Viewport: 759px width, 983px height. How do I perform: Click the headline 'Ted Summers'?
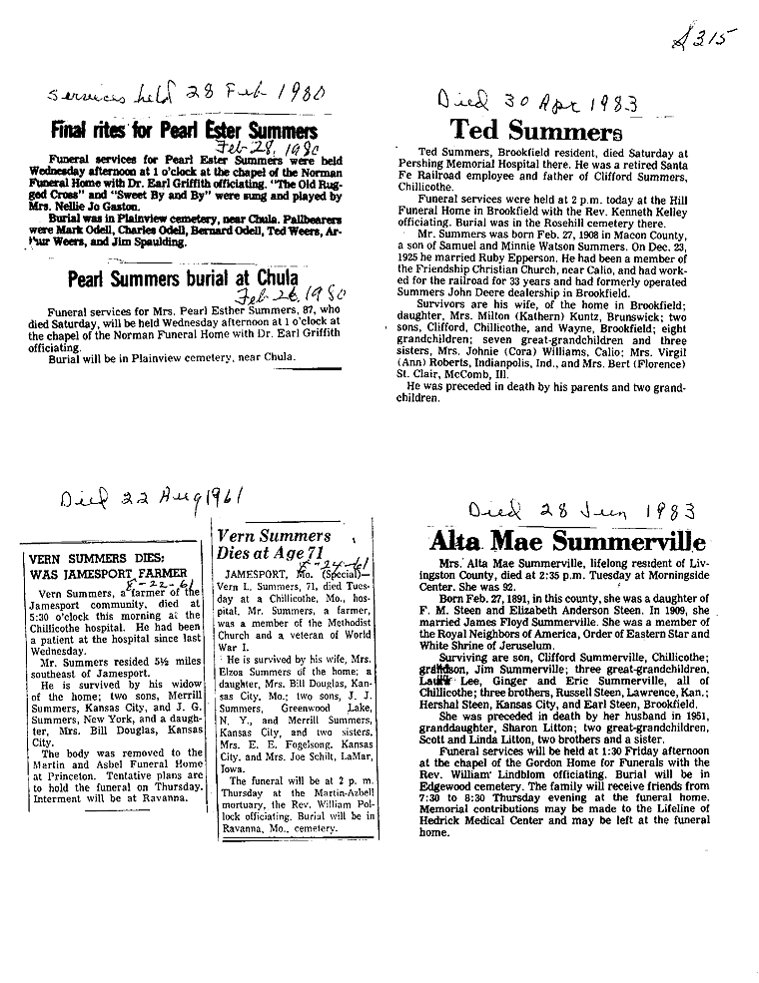[529, 130]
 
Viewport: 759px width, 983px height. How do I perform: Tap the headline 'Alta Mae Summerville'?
[567, 542]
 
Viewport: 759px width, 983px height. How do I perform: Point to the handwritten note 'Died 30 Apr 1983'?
[538, 102]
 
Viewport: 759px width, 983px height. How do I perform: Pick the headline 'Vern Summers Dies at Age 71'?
[275, 543]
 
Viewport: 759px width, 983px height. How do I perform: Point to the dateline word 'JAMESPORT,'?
[257, 576]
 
